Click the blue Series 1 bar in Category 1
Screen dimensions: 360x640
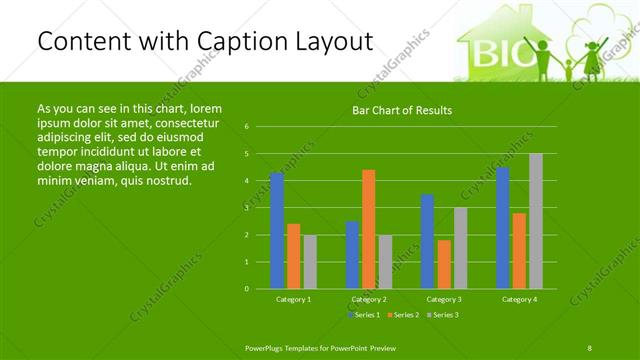[277, 230]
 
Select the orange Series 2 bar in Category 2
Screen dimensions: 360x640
[368, 229]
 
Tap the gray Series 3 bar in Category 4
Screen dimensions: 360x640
[536, 221]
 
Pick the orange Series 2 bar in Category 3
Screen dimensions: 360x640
[444, 264]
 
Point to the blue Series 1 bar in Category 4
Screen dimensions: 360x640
[502, 228]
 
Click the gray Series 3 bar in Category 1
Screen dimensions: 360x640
[310, 262]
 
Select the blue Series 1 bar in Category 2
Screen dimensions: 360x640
[352, 255]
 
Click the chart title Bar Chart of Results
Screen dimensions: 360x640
[403, 110]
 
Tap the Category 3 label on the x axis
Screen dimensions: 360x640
[444, 299]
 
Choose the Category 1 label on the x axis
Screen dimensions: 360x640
[293, 299]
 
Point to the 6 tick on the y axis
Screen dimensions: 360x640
[247, 127]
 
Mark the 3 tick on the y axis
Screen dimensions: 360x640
[247, 208]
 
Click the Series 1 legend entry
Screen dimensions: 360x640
[364, 315]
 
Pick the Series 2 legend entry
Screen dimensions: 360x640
[403, 315]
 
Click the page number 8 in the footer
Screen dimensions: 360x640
[590, 347]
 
